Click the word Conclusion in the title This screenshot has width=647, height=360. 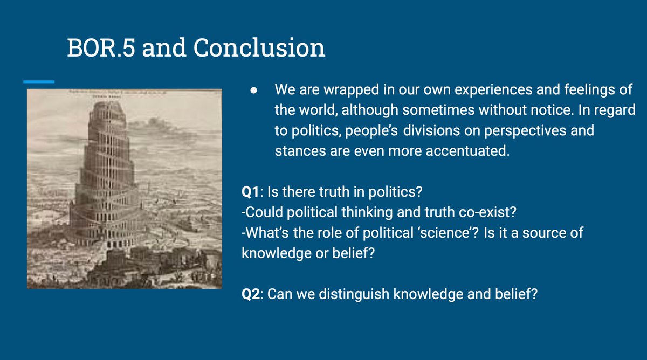259,49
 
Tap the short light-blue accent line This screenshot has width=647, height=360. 39,82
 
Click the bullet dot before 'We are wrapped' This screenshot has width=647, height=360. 253,90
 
